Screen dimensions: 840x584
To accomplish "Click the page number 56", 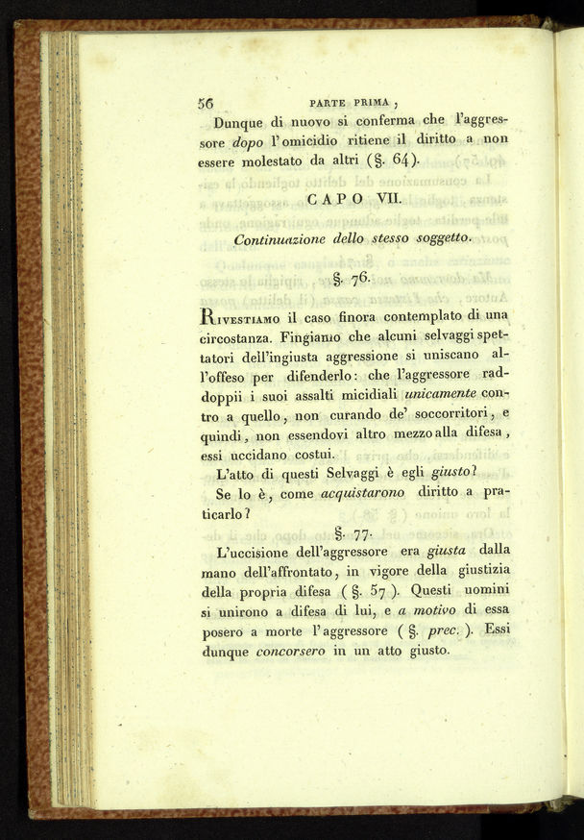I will point(205,102).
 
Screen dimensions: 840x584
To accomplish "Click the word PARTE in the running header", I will point(328,103).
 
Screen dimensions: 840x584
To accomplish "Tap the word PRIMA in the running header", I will point(373,103).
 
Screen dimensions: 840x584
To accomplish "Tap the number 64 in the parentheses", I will point(405,161).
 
